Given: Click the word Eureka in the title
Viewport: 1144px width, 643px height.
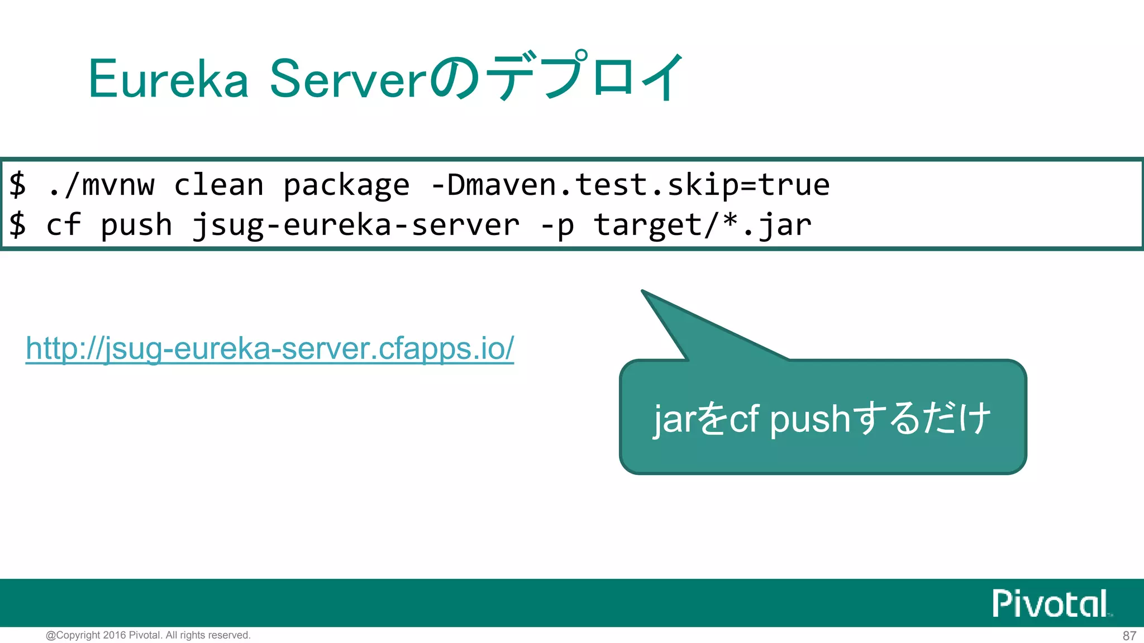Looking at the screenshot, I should [x=168, y=79].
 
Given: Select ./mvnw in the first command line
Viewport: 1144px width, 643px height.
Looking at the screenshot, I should [x=101, y=185].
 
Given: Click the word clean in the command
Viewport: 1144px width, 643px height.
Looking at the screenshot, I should [x=218, y=185].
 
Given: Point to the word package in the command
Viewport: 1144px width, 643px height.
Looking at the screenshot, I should [x=346, y=186].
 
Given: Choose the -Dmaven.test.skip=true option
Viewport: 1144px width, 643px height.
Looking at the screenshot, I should [x=630, y=185].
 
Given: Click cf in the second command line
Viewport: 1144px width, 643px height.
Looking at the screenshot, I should [x=63, y=225].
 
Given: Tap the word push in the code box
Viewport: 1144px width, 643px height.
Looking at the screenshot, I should [x=136, y=225].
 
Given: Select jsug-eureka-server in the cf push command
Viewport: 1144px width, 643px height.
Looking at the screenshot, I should [x=356, y=225].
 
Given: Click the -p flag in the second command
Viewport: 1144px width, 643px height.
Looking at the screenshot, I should [x=557, y=225].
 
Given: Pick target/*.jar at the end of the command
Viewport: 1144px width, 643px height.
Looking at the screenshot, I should [x=702, y=225].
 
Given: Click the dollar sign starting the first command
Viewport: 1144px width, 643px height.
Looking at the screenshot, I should [x=17, y=185].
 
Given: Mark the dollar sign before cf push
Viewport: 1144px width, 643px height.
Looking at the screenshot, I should [x=17, y=225].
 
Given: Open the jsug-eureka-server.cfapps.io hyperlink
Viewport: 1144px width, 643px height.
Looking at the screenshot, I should [x=270, y=349].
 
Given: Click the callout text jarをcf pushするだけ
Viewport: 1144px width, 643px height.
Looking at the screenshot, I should [x=822, y=419].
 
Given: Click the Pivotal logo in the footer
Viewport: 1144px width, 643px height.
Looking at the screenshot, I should [x=1051, y=603].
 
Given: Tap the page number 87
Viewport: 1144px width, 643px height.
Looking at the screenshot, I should [x=1129, y=636].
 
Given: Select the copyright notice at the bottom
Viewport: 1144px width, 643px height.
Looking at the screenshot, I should [x=148, y=635].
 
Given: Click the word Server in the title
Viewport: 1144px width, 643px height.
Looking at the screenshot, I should [x=349, y=79].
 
